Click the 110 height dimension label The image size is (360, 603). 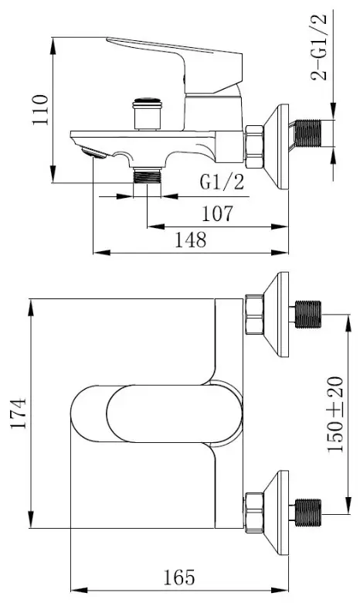click(40, 110)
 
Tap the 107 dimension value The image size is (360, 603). click(217, 214)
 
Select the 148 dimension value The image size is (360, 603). click(191, 240)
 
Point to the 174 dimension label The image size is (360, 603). click(19, 414)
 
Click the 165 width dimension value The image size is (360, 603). click(179, 577)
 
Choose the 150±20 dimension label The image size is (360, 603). click(335, 414)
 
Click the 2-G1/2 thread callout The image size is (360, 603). click(319, 47)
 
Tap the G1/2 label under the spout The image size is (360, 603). click(222, 182)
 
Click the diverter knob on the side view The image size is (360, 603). click(146, 114)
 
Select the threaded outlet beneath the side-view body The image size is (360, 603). click(147, 175)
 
